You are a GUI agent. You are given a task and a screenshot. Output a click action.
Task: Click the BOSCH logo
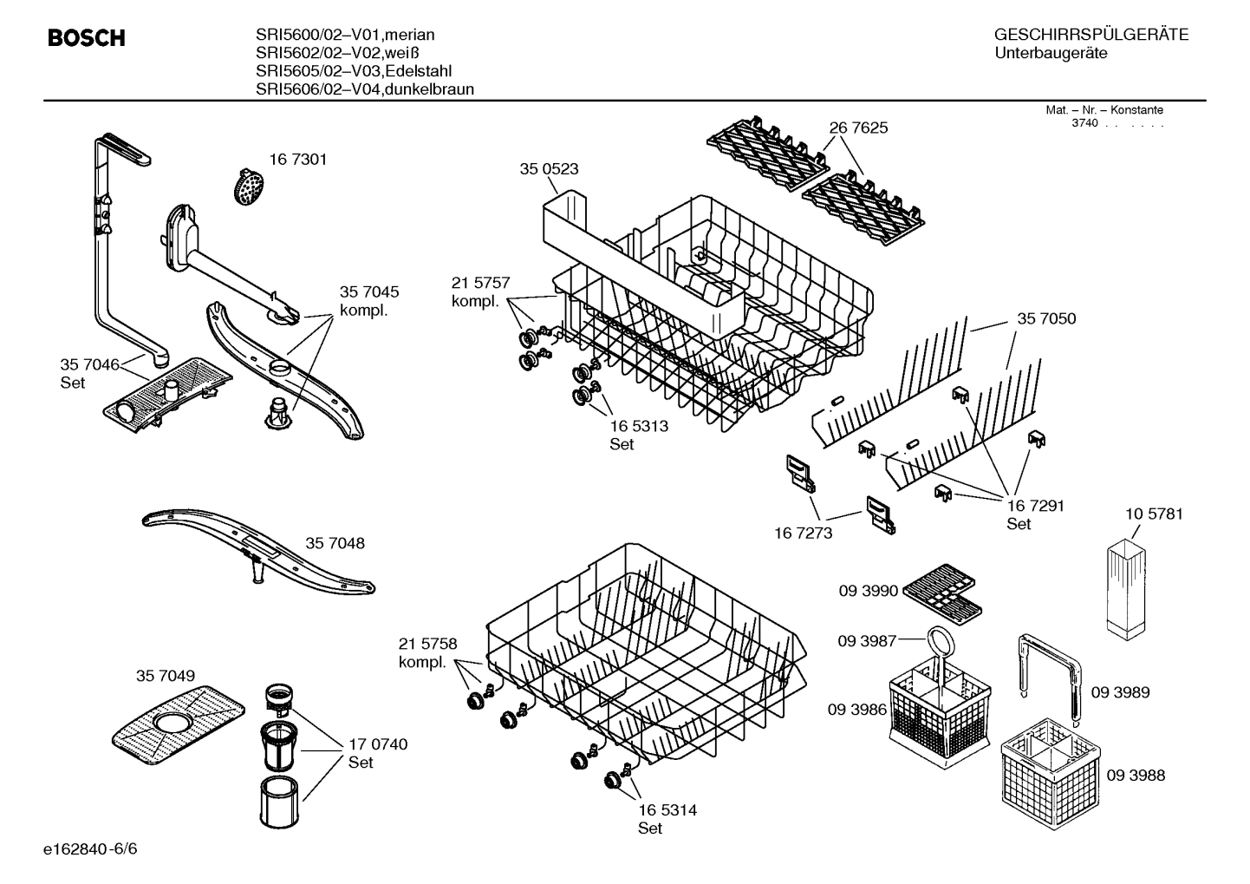click(x=87, y=38)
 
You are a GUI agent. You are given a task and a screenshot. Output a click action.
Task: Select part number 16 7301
click(x=297, y=160)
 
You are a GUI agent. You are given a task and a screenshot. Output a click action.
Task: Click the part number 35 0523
click(x=549, y=169)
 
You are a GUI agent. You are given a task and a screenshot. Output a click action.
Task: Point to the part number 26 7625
click(x=858, y=128)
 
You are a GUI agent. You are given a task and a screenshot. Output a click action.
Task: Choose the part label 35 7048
click(x=335, y=543)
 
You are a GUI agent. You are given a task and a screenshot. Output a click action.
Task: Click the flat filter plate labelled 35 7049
click(x=177, y=717)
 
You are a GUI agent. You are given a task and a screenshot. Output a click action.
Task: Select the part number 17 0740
click(x=378, y=744)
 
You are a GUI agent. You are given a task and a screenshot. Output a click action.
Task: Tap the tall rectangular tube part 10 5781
click(x=1125, y=587)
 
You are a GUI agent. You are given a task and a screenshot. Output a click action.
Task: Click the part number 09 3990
click(x=868, y=591)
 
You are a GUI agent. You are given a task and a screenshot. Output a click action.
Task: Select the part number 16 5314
click(x=667, y=810)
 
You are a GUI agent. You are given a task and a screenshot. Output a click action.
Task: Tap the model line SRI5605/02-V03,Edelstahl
click(x=354, y=71)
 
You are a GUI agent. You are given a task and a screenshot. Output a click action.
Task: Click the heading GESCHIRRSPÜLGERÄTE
click(x=1090, y=35)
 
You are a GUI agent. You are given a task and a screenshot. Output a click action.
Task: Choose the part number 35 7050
click(x=1046, y=319)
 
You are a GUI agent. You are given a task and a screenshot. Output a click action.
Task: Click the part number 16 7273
click(x=803, y=533)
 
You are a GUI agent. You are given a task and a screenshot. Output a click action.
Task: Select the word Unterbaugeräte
click(x=1051, y=54)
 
